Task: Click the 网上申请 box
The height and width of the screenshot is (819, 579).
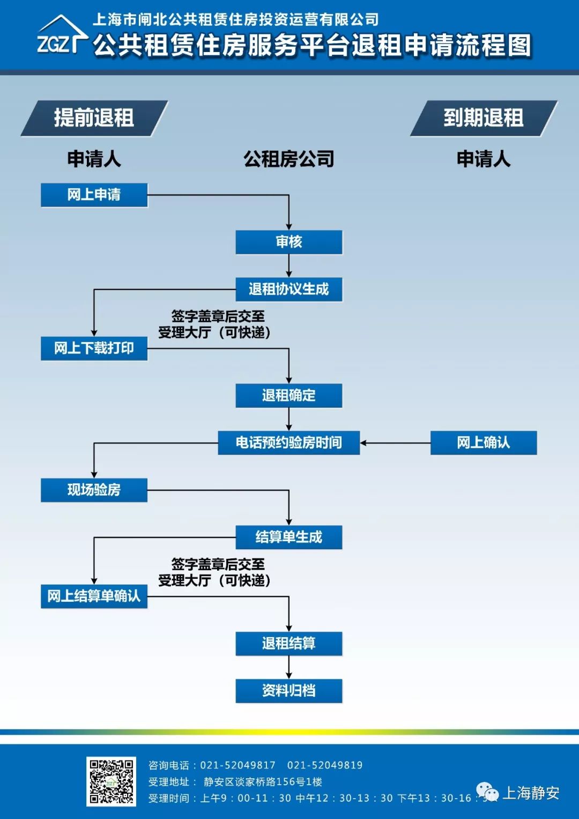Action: tap(94, 195)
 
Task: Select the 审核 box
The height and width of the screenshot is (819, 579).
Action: tap(288, 242)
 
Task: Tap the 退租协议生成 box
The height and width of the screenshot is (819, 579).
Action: tap(288, 289)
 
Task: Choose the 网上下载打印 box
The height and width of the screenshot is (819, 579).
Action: tap(94, 348)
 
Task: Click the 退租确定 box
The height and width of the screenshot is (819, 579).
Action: tap(288, 395)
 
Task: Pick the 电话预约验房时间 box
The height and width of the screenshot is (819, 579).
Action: tap(288, 442)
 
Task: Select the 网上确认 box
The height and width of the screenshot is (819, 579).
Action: tap(483, 442)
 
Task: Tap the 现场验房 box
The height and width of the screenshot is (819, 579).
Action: tap(94, 490)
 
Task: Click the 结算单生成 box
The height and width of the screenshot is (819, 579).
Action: tap(288, 537)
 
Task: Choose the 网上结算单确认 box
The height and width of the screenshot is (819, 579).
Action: tap(94, 596)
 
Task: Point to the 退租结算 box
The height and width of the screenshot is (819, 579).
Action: tap(288, 643)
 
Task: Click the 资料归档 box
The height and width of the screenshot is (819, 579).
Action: tap(288, 690)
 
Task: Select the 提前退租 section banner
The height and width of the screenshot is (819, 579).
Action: tap(94, 118)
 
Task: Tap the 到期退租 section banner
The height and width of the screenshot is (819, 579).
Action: tap(483, 118)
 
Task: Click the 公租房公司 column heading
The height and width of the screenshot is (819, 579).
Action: tap(288, 159)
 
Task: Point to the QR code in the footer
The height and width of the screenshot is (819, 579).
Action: tap(111, 781)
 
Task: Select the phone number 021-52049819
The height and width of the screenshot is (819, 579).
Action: tap(325, 765)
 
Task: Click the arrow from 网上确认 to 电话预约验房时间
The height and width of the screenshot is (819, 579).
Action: tap(395, 443)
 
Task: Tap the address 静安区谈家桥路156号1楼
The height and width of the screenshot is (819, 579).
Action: tap(263, 782)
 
